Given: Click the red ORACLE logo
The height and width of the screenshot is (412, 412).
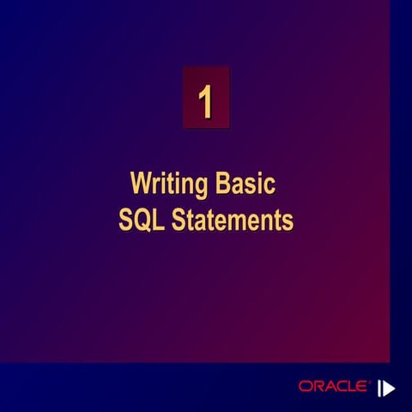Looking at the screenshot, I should (334, 387).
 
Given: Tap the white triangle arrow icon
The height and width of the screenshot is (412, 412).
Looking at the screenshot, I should (387, 387).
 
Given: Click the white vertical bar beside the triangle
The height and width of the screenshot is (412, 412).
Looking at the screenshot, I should (378, 387).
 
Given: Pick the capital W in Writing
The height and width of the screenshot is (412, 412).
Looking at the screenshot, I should (140, 185).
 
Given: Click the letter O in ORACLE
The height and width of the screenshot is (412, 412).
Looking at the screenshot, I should (305, 387).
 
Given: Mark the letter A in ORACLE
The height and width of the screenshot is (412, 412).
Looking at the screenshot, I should (329, 387).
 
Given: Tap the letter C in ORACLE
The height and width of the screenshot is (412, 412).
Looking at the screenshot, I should (341, 387).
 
